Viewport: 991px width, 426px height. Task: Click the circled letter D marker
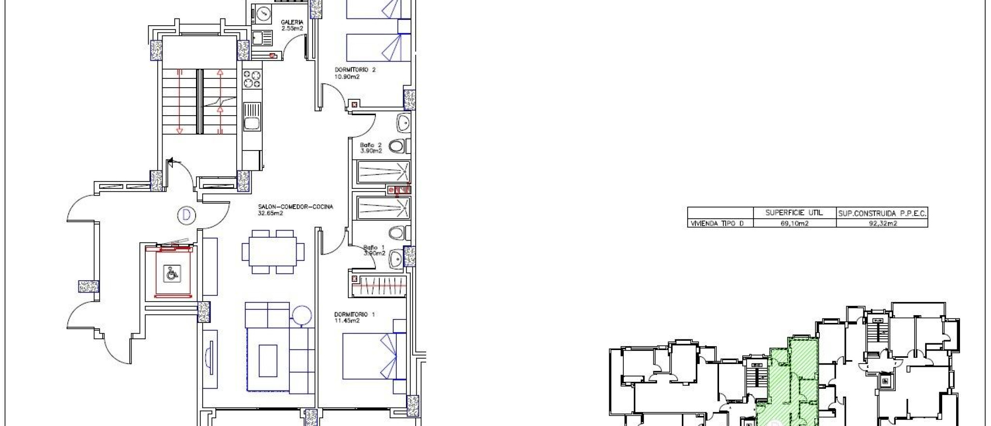click(x=186, y=215)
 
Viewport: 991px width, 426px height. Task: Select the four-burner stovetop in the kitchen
click(x=252, y=79)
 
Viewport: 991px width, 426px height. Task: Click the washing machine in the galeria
click(x=263, y=13)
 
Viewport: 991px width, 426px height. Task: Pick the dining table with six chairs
click(x=273, y=252)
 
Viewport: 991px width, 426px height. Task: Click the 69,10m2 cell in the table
click(x=794, y=223)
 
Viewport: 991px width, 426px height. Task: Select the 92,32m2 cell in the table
click(x=882, y=223)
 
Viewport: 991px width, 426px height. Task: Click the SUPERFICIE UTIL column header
click(x=794, y=213)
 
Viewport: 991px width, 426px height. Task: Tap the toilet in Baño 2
click(x=397, y=146)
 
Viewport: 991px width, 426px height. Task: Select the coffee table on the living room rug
click(x=268, y=360)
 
